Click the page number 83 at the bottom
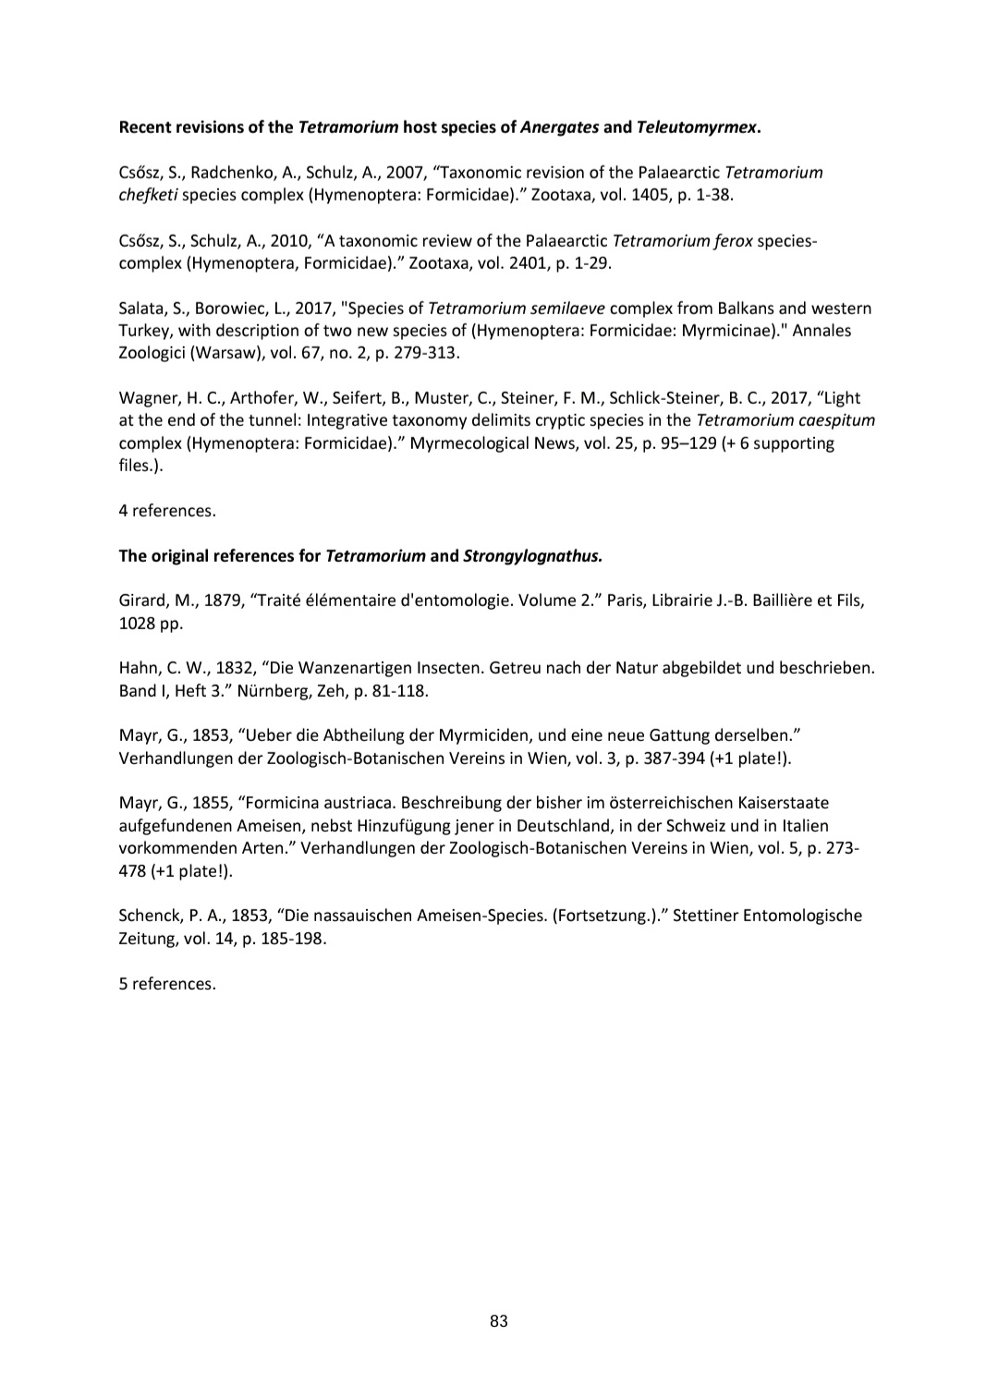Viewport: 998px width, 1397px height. (x=499, y=1321)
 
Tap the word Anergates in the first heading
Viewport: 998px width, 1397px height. (x=559, y=128)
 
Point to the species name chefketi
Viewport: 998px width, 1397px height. (x=149, y=195)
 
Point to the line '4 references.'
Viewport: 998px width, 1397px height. (x=167, y=511)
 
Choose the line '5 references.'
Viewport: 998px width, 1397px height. (x=167, y=984)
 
